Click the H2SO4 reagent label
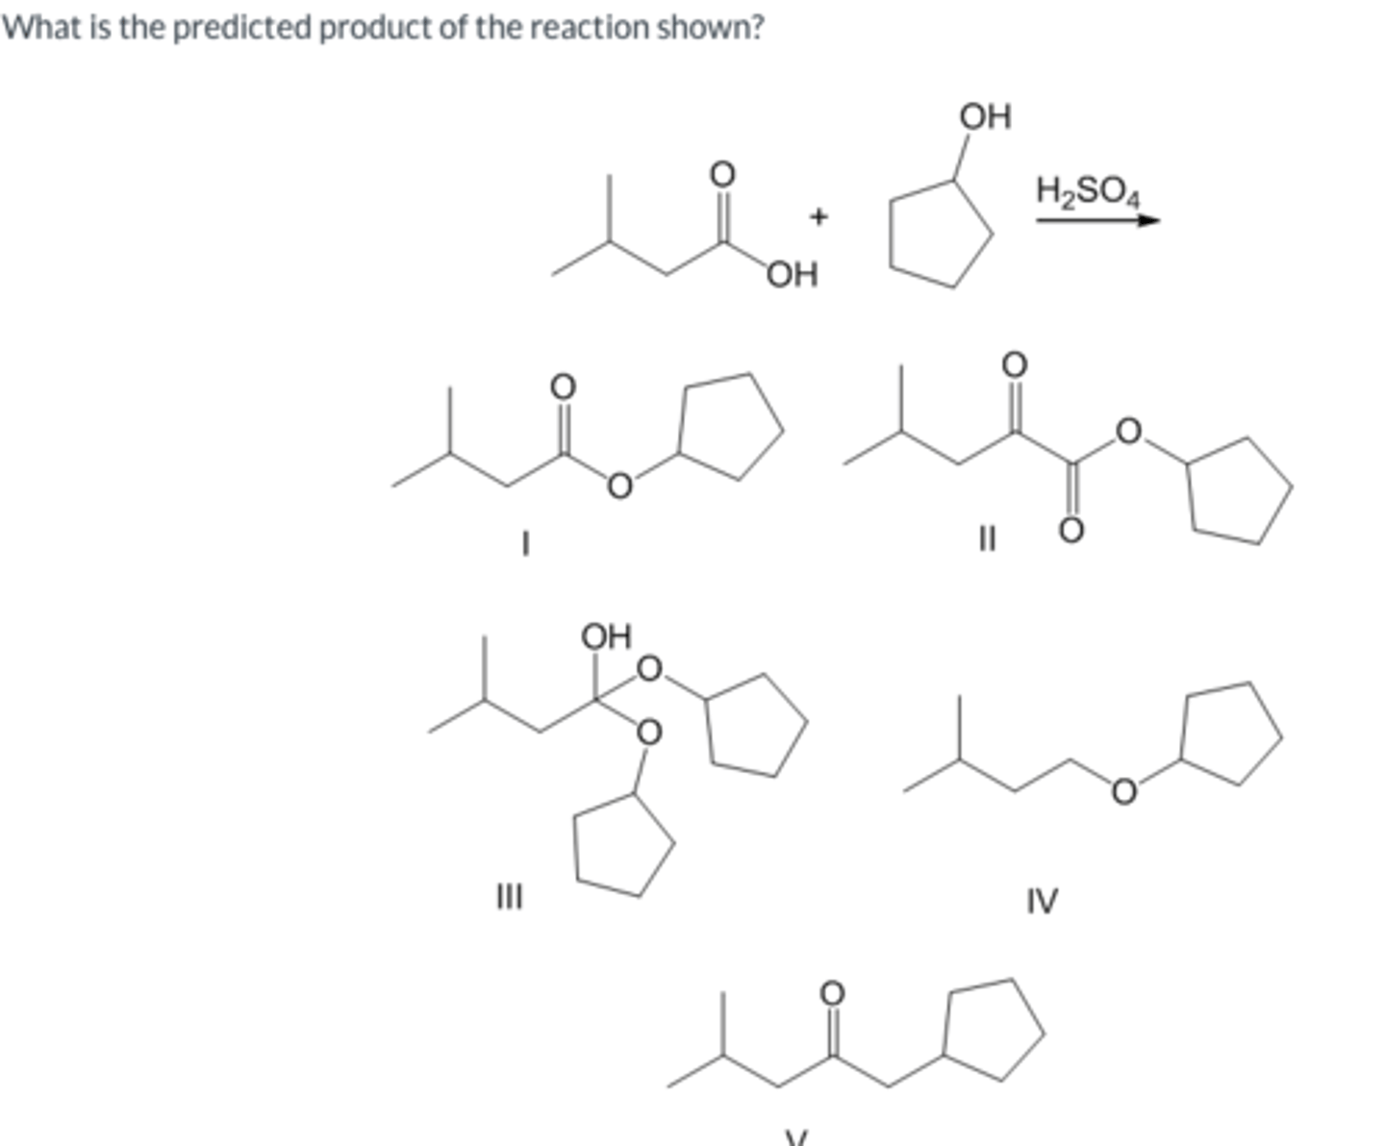coord(1088,190)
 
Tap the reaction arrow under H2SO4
coord(1097,220)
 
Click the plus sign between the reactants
coord(818,217)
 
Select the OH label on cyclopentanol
coord(985,116)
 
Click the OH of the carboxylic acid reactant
coord(793,275)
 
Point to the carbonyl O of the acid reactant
coord(721,174)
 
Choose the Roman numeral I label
coord(524,544)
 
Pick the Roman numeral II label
coord(984,540)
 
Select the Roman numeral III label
coord(509,898)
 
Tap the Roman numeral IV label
coord(1042,901)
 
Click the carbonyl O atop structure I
coord(563,386)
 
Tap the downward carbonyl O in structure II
coord(1071,530)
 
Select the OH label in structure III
coord(606,636)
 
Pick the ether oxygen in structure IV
coord(1122,790)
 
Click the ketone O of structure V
coord(832,991)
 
